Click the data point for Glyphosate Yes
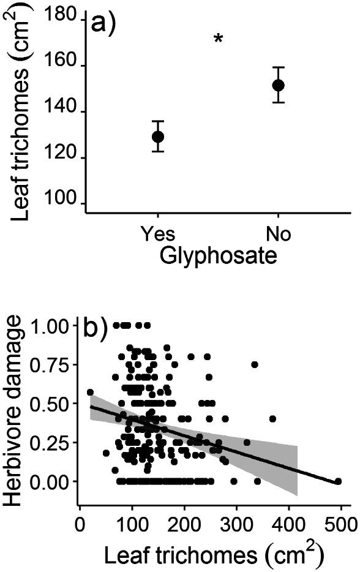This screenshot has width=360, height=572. tap(158, 136)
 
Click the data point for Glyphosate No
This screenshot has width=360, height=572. tap(278, 85)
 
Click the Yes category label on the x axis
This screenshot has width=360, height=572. tap(158, 235)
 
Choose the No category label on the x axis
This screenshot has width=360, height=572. tap(278, 235)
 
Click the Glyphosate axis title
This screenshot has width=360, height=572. tap(217, 255)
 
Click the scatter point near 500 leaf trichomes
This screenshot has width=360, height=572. tap(338, 481)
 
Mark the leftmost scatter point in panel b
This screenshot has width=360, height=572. tap(90, 392)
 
